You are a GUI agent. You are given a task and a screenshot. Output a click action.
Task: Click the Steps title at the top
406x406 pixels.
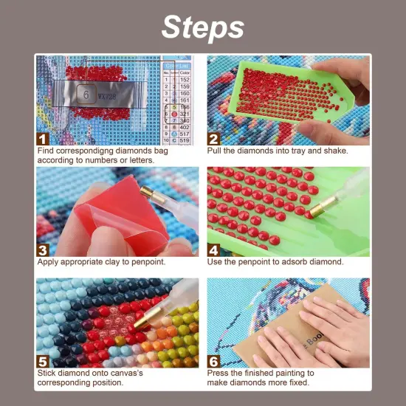click(x=202, y=27)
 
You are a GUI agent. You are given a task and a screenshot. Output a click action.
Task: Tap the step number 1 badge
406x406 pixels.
click(x=44, y=137)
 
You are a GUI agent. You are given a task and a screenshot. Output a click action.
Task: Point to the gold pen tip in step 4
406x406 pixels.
click(x=320, y=209)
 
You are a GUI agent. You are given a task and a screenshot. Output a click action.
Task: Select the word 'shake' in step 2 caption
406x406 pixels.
click(x=334, y=151)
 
